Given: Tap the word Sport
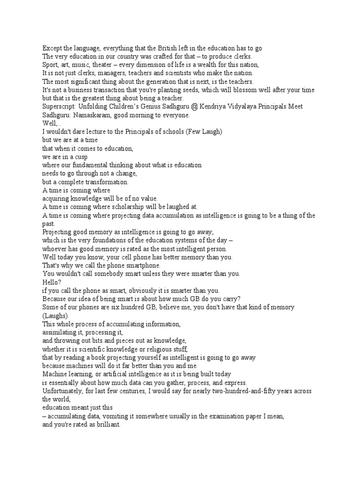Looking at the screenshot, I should coord(51,65).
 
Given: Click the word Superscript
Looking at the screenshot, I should coord(59,106).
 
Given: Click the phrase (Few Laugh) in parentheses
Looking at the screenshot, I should coord(204,132).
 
